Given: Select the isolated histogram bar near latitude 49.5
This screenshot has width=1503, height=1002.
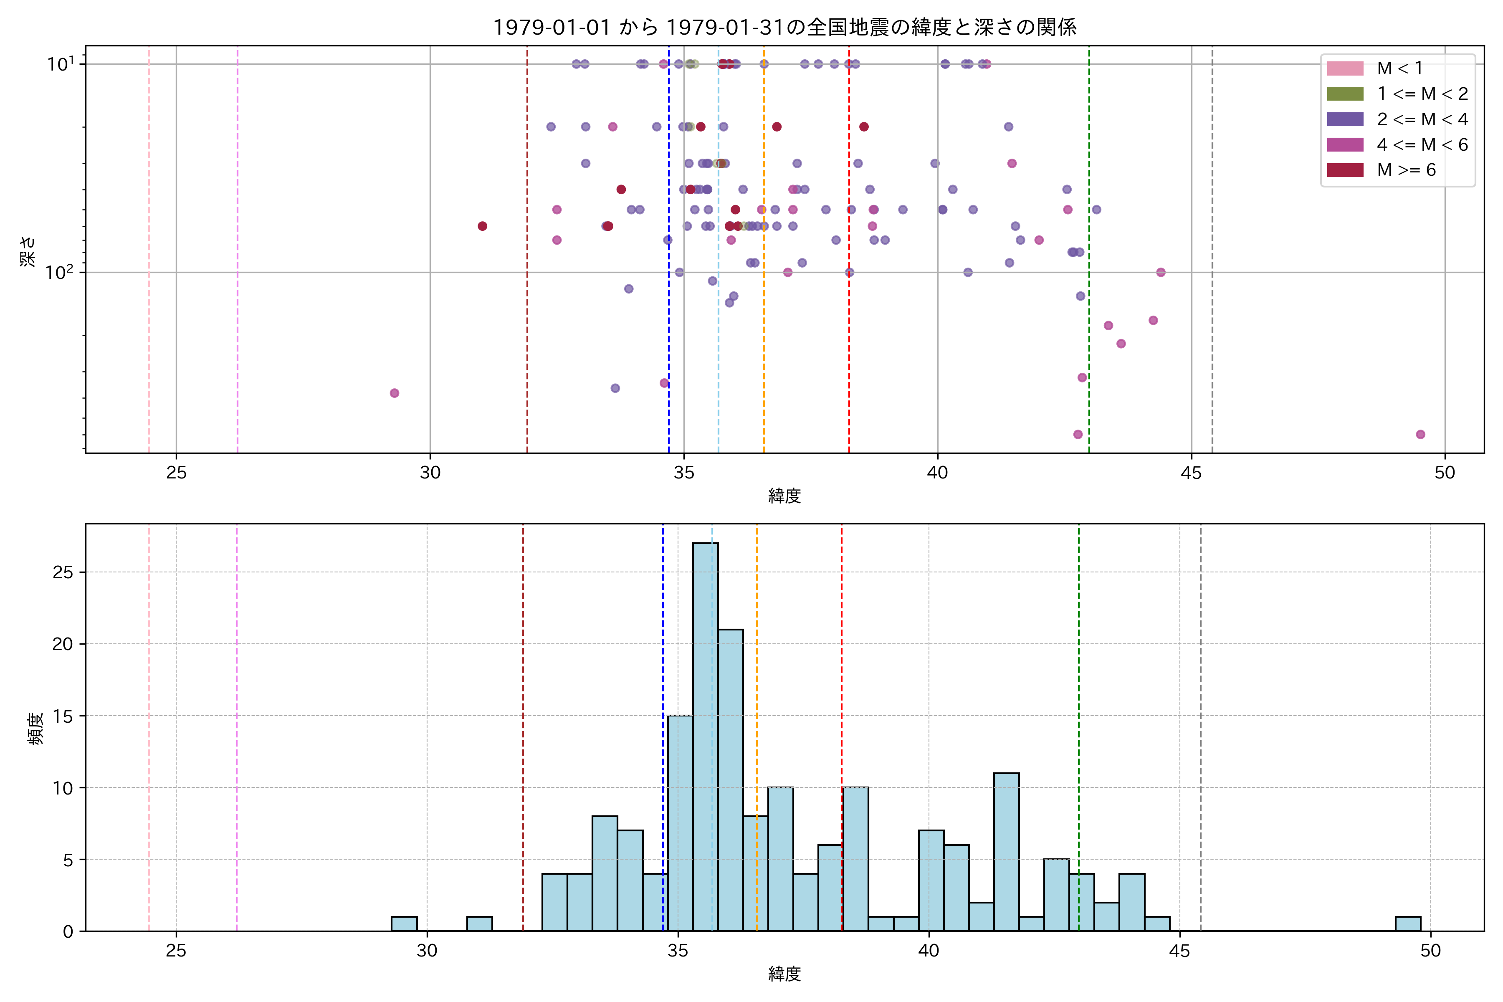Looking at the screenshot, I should [1408, 924].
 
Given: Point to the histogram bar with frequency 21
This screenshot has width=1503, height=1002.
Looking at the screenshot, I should [730, 779].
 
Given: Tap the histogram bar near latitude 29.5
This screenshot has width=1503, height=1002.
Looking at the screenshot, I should [404, 924].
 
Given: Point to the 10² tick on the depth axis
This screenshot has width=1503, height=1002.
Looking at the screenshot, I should [59, 273].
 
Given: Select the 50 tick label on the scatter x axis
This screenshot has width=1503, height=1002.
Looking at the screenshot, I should [1445, 473].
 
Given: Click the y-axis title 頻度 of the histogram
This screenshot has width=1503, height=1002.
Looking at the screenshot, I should [36, 729].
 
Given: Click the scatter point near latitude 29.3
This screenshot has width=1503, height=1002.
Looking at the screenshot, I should [394, 393].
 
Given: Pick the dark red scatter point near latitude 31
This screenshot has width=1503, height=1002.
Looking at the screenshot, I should [483, 226].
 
